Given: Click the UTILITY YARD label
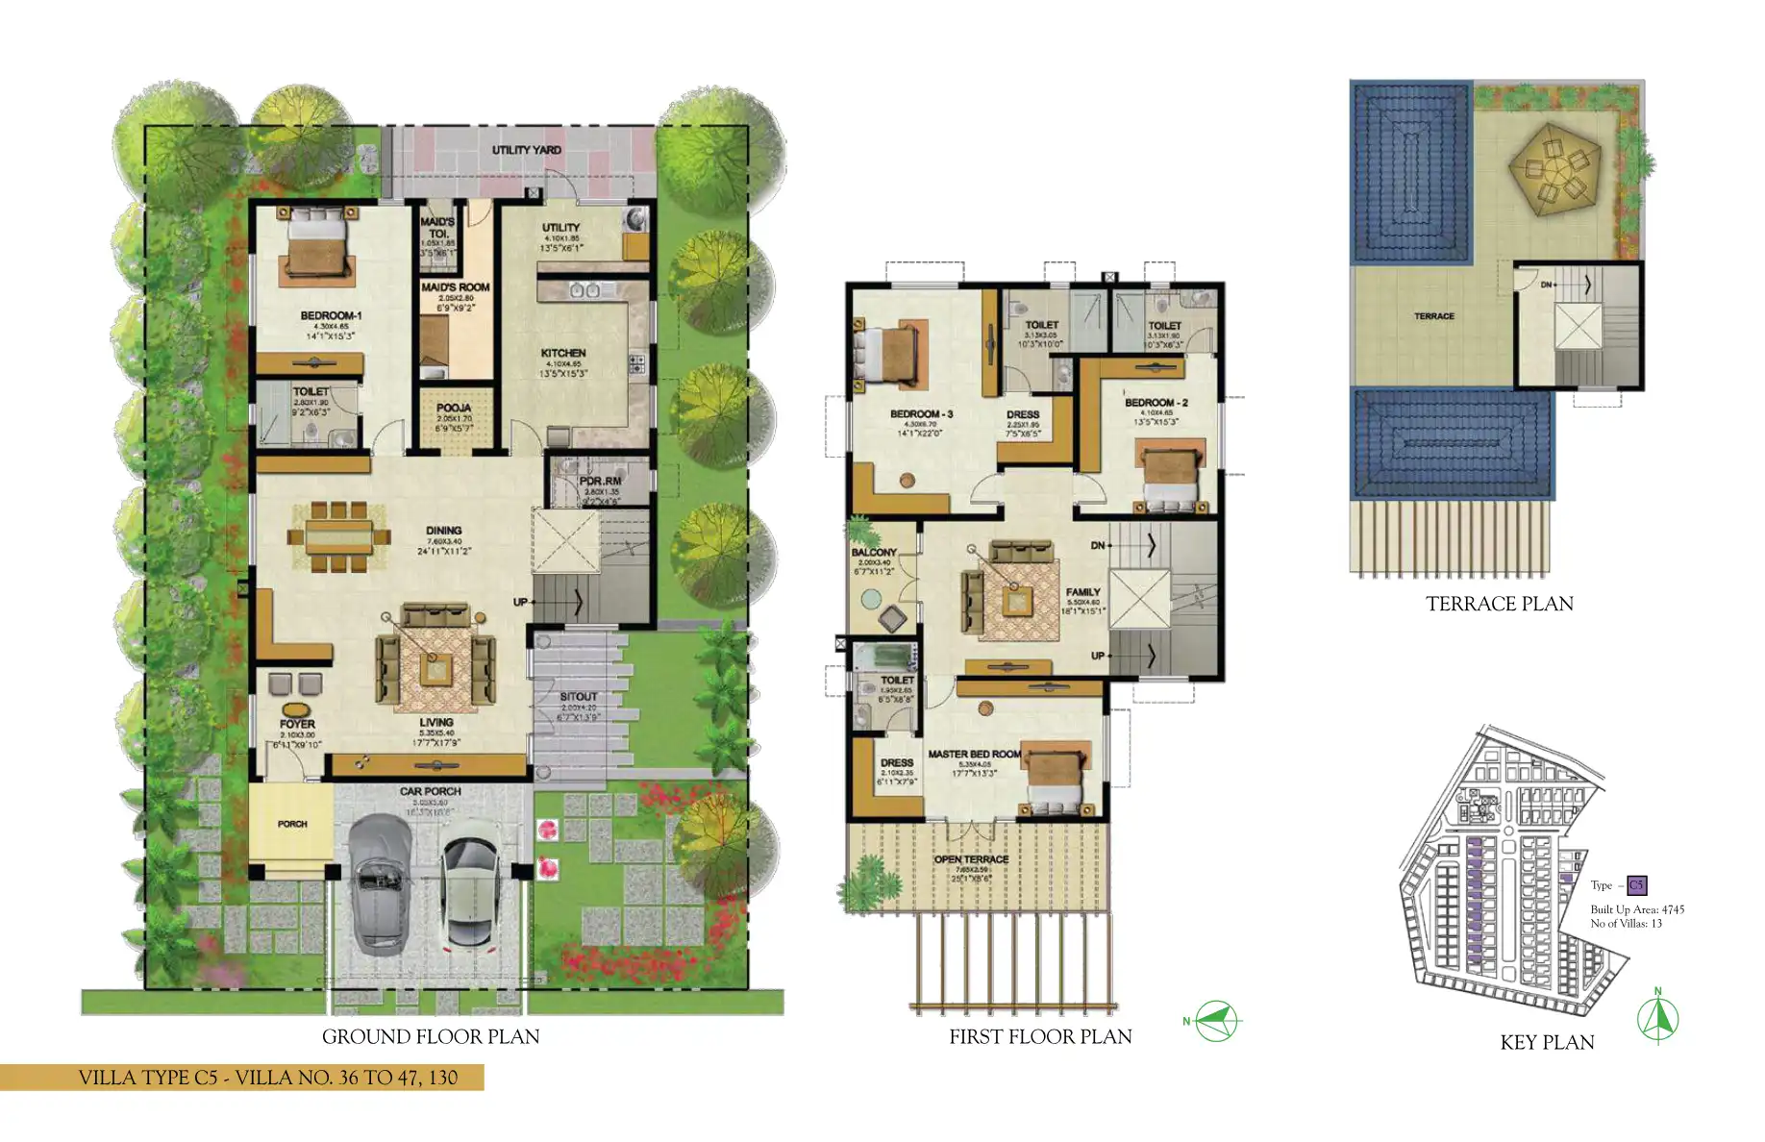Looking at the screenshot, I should (x=526, y=150).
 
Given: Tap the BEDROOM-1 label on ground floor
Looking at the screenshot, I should (x=330, y=315).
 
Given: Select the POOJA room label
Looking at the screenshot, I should (x=454, y=408).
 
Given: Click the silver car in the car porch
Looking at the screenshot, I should (x=379, y=882).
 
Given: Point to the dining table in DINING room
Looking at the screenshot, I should (x=338, y=536).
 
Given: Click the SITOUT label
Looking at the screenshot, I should (x=578, y=696).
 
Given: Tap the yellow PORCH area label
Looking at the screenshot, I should (x=292, y=824).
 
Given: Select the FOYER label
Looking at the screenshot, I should (x=297, y=724).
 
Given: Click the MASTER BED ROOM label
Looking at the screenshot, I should (x=974, y=755).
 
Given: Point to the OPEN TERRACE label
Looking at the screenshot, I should (x=971, y=859).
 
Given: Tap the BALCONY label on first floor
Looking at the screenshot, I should (x=873, y=553).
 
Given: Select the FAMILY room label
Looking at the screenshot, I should (x=1082, y=592).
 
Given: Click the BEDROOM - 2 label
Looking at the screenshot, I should (x=1156, y=403).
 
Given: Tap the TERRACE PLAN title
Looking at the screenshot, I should (x=1499, y=604).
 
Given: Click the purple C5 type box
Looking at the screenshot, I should (x=1636, y=885).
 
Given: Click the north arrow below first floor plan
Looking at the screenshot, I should (x=1216, y=1021).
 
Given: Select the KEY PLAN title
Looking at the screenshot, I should (x=1547, y=1042).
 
